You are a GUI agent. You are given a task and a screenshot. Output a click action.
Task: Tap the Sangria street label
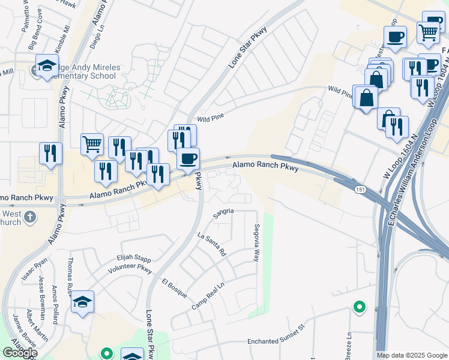223,211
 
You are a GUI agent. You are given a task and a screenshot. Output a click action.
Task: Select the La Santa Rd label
211,244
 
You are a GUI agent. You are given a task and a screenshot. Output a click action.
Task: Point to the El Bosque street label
174,289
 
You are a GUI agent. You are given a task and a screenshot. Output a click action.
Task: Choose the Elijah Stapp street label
133,259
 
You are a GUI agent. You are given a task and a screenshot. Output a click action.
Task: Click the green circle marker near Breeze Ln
359,307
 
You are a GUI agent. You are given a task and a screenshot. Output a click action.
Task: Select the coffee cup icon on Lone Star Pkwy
188,158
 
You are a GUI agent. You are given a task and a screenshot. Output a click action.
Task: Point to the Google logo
20,352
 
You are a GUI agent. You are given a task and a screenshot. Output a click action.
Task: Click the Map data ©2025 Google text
411,355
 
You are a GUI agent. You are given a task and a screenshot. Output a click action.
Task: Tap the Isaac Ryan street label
34,271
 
